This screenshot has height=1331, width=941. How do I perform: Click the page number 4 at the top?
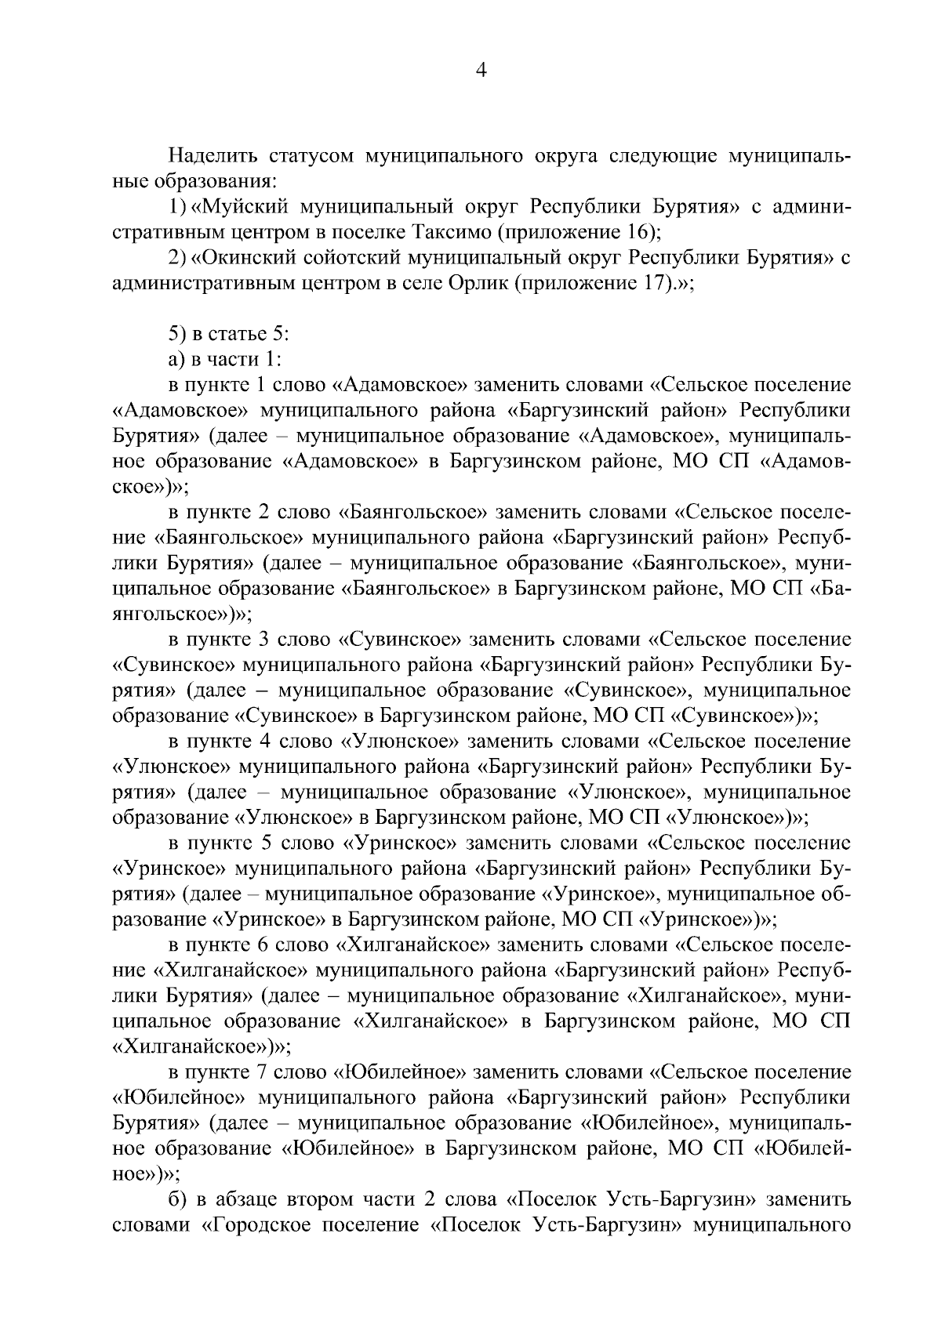[x=481, y=71]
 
